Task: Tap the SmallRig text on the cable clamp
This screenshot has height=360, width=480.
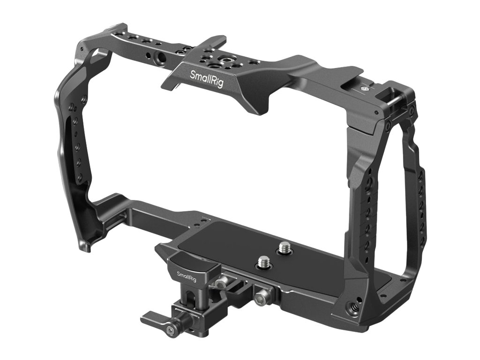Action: click(x=187, y=276)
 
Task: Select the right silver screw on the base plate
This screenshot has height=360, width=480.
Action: click(x=285, y=247)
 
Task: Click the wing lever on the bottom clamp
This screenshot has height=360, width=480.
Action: click(x=156, y=318)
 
